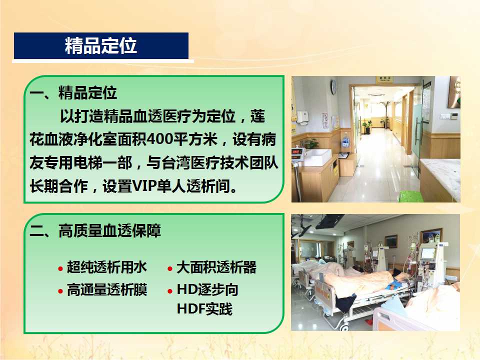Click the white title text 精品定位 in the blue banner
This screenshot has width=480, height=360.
(100, 46)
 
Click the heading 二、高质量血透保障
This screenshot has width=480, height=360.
(95, 230)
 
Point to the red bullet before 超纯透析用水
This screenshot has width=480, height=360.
(60, 269)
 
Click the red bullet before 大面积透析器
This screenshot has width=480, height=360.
(170, 269)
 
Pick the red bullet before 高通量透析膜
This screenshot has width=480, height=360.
(60, 291)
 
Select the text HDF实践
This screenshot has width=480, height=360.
(204, 308)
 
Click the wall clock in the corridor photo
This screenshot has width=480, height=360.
(333, 87)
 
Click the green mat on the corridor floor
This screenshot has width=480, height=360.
(411, 196)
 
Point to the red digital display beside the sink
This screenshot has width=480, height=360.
(296, 152)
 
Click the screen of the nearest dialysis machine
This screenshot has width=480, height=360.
(427, 253)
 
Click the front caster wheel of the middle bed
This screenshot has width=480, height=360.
(345, 327)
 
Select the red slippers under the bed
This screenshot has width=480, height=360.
(368, 322)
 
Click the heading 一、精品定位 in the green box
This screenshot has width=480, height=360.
(73, 92)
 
